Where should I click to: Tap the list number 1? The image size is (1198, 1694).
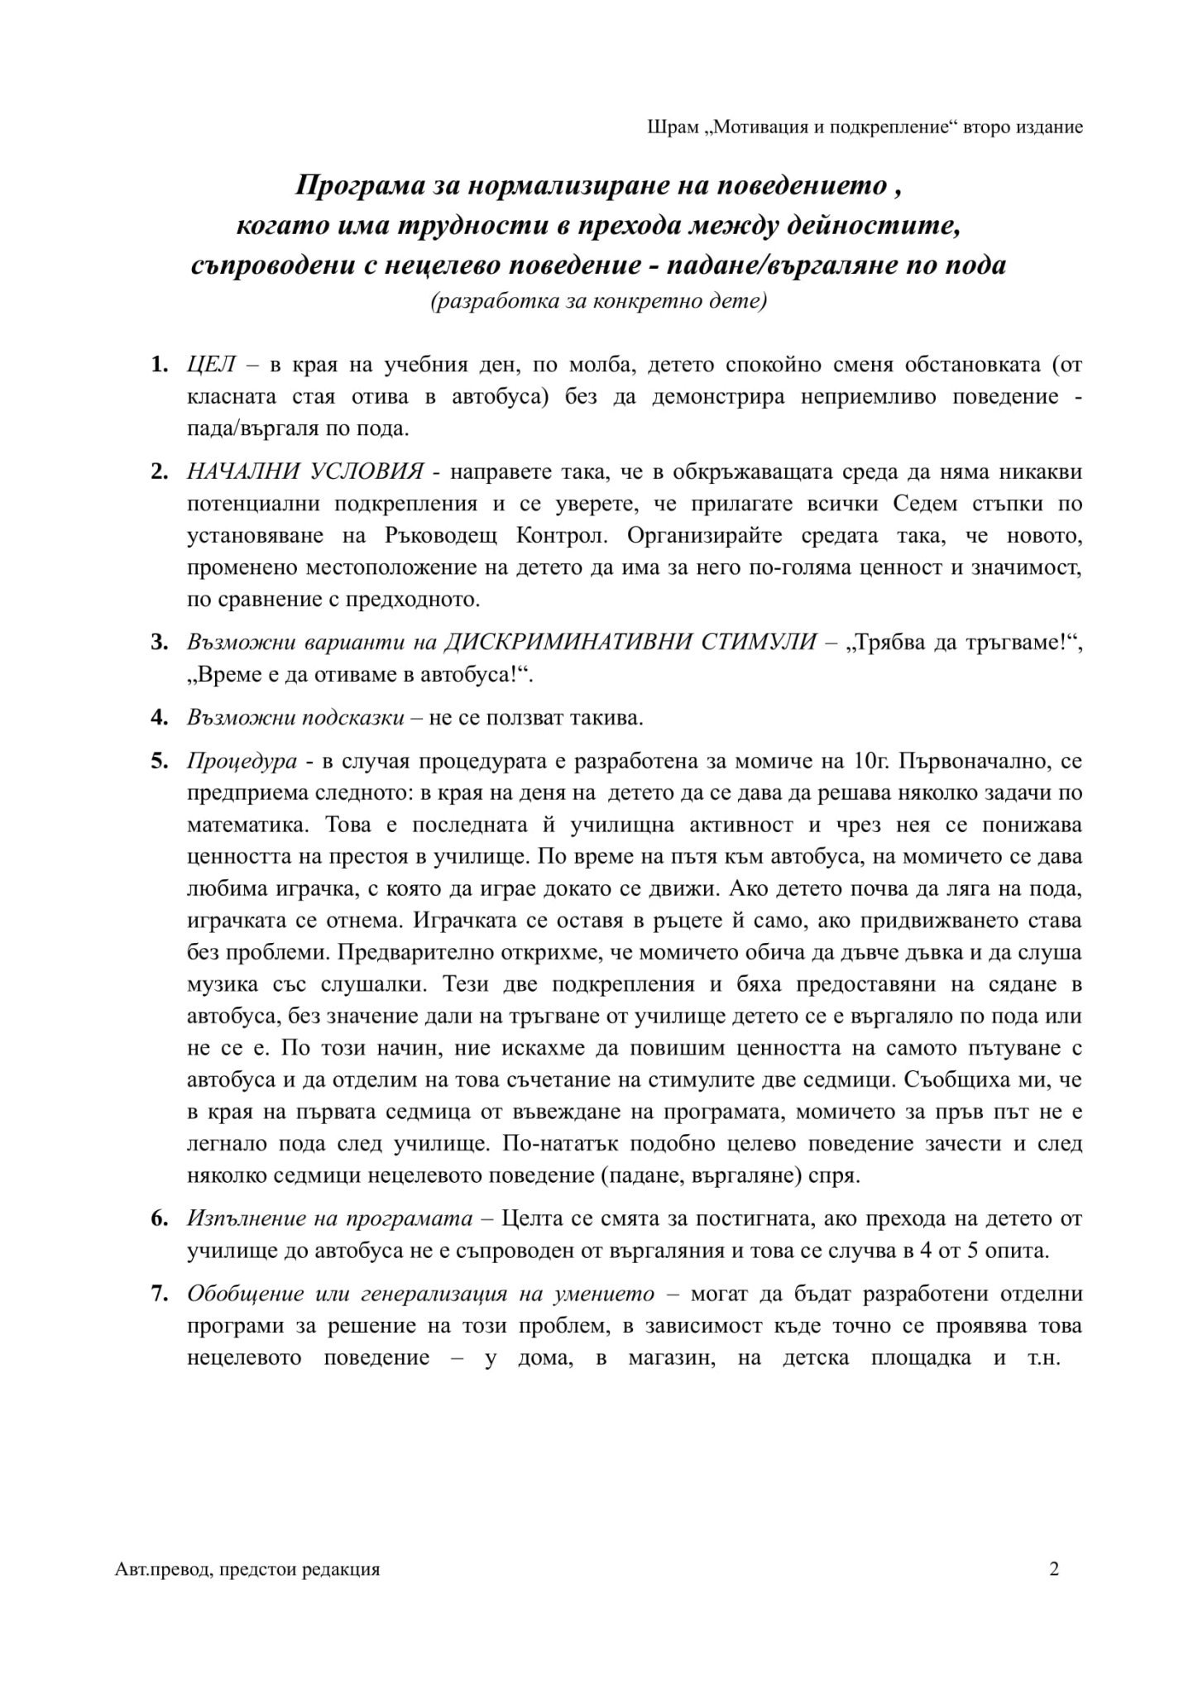pyautogui.click(x=159, y=365)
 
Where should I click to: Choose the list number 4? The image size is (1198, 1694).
pyautogui.click(x=159, y=717)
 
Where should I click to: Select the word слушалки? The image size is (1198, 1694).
pyautogui.click(x=374, y=985)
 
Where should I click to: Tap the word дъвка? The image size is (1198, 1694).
pyautogui.click(x=930, y=953)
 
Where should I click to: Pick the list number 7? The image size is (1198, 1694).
pyautogui.click(x=159, y=1293)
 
